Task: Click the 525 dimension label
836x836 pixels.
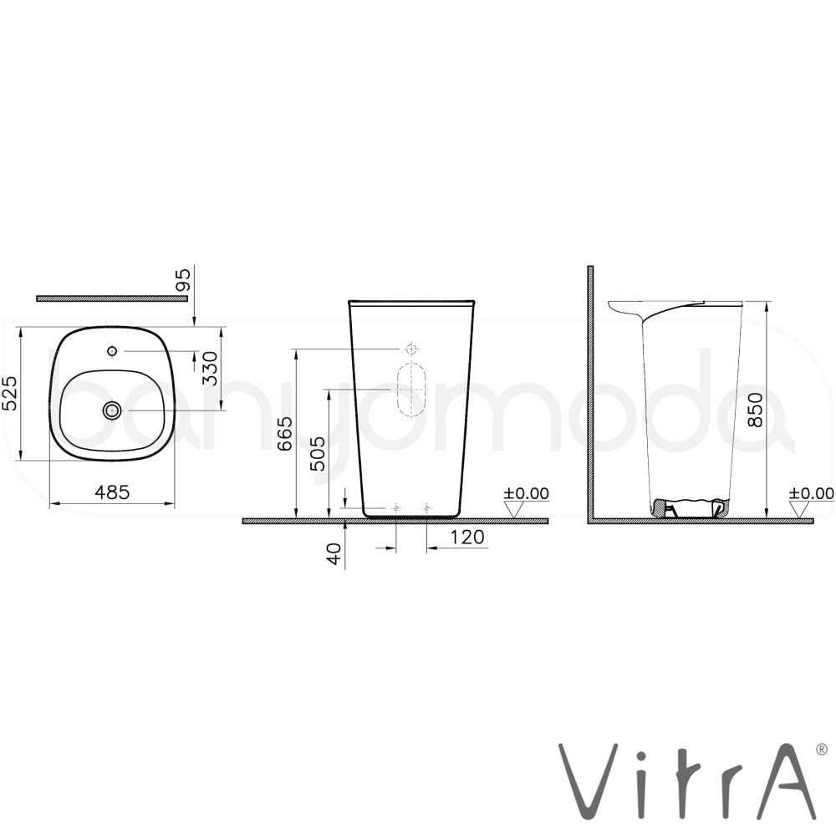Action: click(x=11, y=394)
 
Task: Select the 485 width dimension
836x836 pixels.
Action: click(x=112, y=492)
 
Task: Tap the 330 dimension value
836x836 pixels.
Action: click(x=211, y=369)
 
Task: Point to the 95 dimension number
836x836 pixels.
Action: click(x=183, y=280)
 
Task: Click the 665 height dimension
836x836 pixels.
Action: click(x=285, y=433)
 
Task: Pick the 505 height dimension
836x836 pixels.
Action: click(x=317, y=454)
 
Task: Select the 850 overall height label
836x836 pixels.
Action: click(x=755, y=410)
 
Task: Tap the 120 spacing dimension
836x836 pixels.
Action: click(x=467, y=537)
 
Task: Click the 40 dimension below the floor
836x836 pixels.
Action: click(x=335, y=554)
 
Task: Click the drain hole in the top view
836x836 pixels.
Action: click(x=112, y=410)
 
